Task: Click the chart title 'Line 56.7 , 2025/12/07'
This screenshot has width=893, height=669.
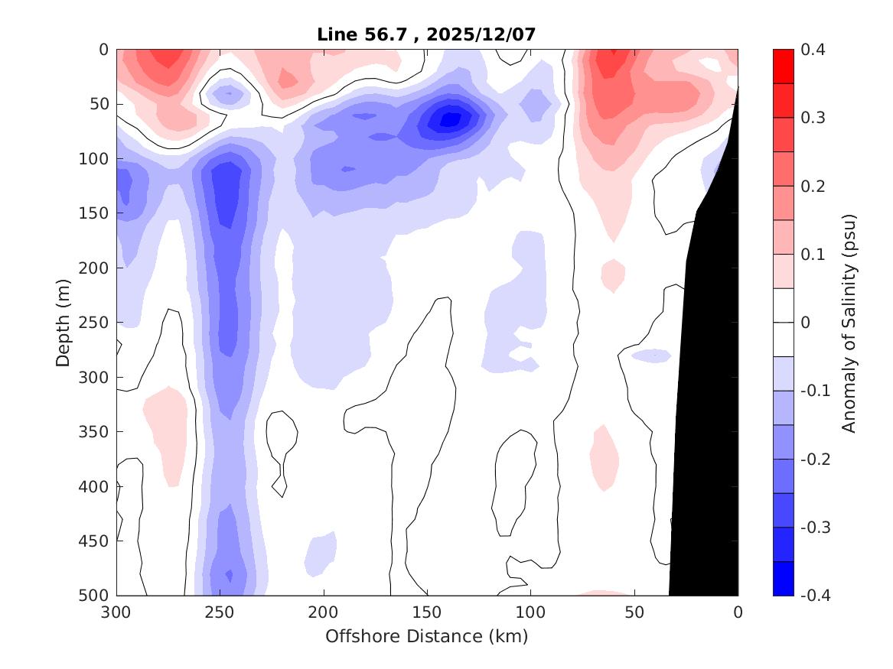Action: (427, 34)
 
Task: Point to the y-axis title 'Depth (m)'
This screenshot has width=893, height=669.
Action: (64, 322)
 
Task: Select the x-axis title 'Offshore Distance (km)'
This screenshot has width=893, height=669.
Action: (427, 636)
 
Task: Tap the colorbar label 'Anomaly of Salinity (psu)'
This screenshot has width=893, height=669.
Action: (849, 322)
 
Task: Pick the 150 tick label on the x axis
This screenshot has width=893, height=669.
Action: (427, 612)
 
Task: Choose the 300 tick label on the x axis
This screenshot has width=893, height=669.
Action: (117, 612)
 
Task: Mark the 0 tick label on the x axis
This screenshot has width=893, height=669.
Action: (738, 612)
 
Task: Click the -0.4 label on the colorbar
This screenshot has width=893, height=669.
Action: (816, 596)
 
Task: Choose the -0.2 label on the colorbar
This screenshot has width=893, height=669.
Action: (816, 459)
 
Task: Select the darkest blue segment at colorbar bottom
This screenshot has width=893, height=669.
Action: (783, 579)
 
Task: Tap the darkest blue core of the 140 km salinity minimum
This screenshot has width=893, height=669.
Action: (449, 119)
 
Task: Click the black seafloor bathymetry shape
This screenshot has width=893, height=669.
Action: (708, 421)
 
